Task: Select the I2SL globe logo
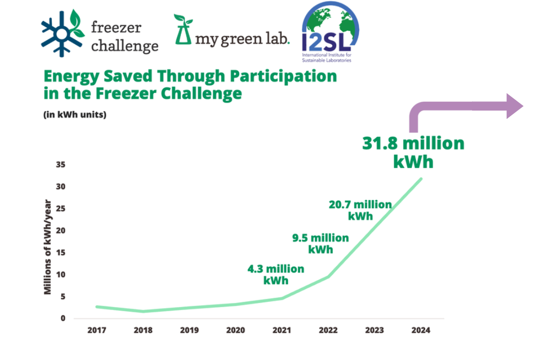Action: pyautogui.click(x=330, y=31)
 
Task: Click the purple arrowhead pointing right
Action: pyautogui.click(x=514, y=106)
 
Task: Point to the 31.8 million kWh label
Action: pyautogui.click(x=413, y=152)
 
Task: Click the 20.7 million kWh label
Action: pyautogui.click(x=360, y=210)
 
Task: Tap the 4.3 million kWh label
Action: pyautogui.click(x=276, y=275)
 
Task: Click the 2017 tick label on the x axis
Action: pyautogui.click(x=97, y=330)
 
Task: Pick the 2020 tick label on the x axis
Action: pyautogui.click(x=236, y=330)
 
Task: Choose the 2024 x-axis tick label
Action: pyautogui.click(x=421, y=330)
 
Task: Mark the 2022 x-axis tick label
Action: pyautogui.click(x=328, y=330)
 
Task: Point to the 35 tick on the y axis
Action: pyautogui.click(x=61, y=165)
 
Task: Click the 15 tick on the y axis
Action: pyautogui.click(x=61, y=253)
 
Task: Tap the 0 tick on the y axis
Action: pyautogui.click(x=63, y=318)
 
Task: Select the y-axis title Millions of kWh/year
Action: pyautogui.click(x=48, y=247)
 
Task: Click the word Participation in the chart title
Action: pyautogui.click(x=282, y=76)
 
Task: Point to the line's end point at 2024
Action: pyautogui.click(x=421, y=179)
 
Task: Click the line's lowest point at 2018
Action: pyautogui.click(x=143, y=311)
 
